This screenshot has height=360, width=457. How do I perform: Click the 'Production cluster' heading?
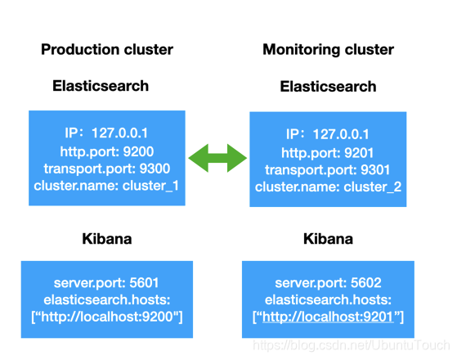pos(107,50)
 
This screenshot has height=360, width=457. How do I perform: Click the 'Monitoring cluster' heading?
pos(328,50)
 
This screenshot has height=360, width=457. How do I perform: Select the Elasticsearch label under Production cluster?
pos(101,85)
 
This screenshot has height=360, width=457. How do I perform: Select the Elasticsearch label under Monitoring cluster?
pos(328,86)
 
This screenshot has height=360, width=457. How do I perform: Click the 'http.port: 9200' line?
pos(106,151)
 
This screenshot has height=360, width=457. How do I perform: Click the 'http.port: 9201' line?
pos(328,153)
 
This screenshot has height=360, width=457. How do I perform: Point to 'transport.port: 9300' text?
pos(106,169)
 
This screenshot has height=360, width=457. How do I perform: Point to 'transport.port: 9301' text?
pos(328,171)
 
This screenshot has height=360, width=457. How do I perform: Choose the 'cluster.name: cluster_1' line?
pos(106,186)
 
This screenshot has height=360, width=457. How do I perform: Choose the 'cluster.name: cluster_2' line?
pos(328,188)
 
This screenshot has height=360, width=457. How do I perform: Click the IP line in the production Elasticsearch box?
pos(106,133)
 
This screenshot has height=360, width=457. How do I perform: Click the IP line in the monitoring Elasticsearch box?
pos(328,134)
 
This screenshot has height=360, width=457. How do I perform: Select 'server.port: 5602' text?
pos(328,282)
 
